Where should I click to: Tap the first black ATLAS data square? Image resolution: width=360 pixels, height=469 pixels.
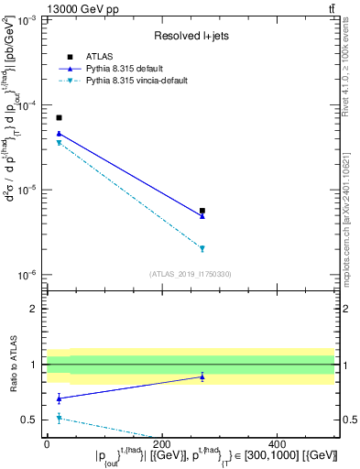(x=59, y=118)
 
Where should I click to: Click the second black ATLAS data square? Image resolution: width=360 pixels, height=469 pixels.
(x=202, y=211)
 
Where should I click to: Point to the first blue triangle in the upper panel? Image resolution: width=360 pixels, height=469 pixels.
(x=59, y=134)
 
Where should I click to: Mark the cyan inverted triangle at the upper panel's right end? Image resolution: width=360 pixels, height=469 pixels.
(x=202, y=248)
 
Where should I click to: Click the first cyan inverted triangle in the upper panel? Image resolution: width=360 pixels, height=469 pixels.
(x=59, y=143)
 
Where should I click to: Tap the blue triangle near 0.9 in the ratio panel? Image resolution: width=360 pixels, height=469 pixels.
(x=202, y=376)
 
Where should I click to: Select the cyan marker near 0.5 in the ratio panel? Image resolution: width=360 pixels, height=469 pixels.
(x=59, y=418)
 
